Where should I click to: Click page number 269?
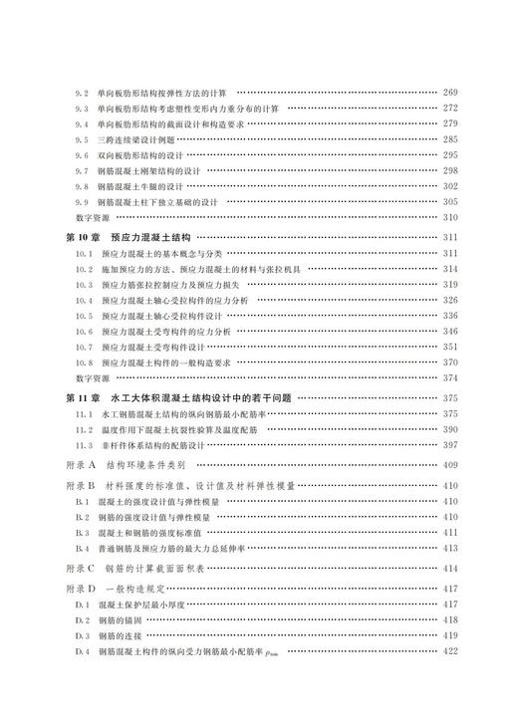click(449, 92)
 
